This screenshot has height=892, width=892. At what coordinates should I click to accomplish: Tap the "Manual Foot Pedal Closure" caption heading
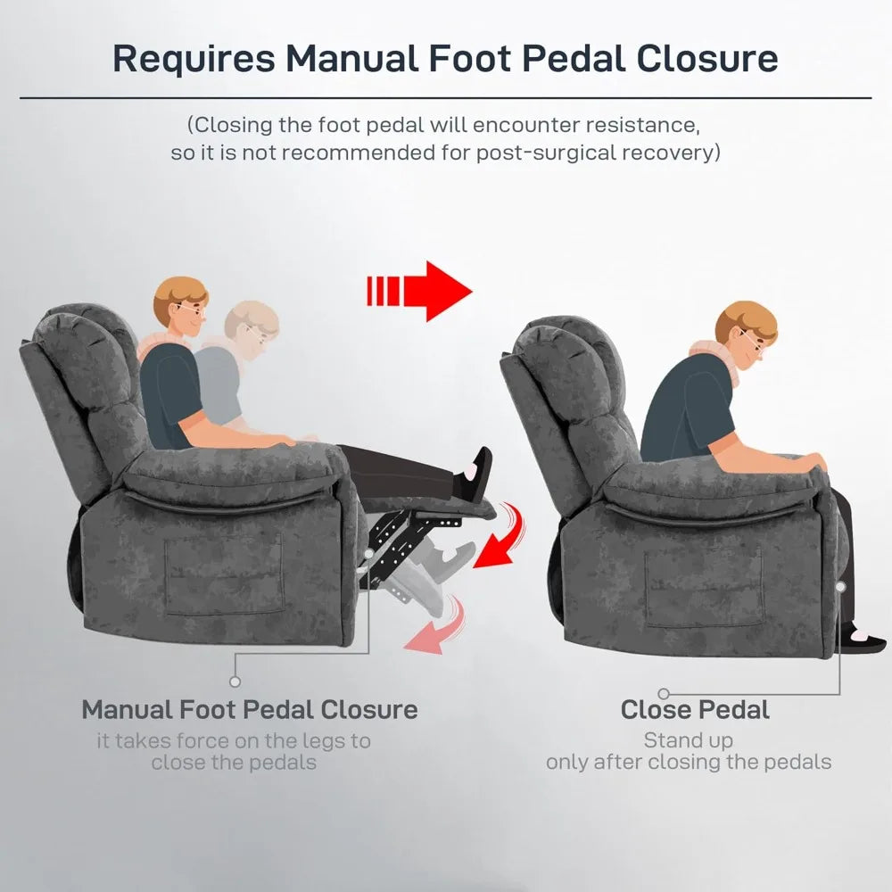point(250,710)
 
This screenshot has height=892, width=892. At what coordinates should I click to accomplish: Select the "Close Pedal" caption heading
point(695,710)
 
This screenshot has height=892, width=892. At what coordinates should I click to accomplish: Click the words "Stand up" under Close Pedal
point(688,740)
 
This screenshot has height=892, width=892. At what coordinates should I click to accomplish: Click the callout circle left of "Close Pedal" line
point(664,693)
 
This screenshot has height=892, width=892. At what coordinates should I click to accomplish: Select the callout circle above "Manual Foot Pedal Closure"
point(235,681)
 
